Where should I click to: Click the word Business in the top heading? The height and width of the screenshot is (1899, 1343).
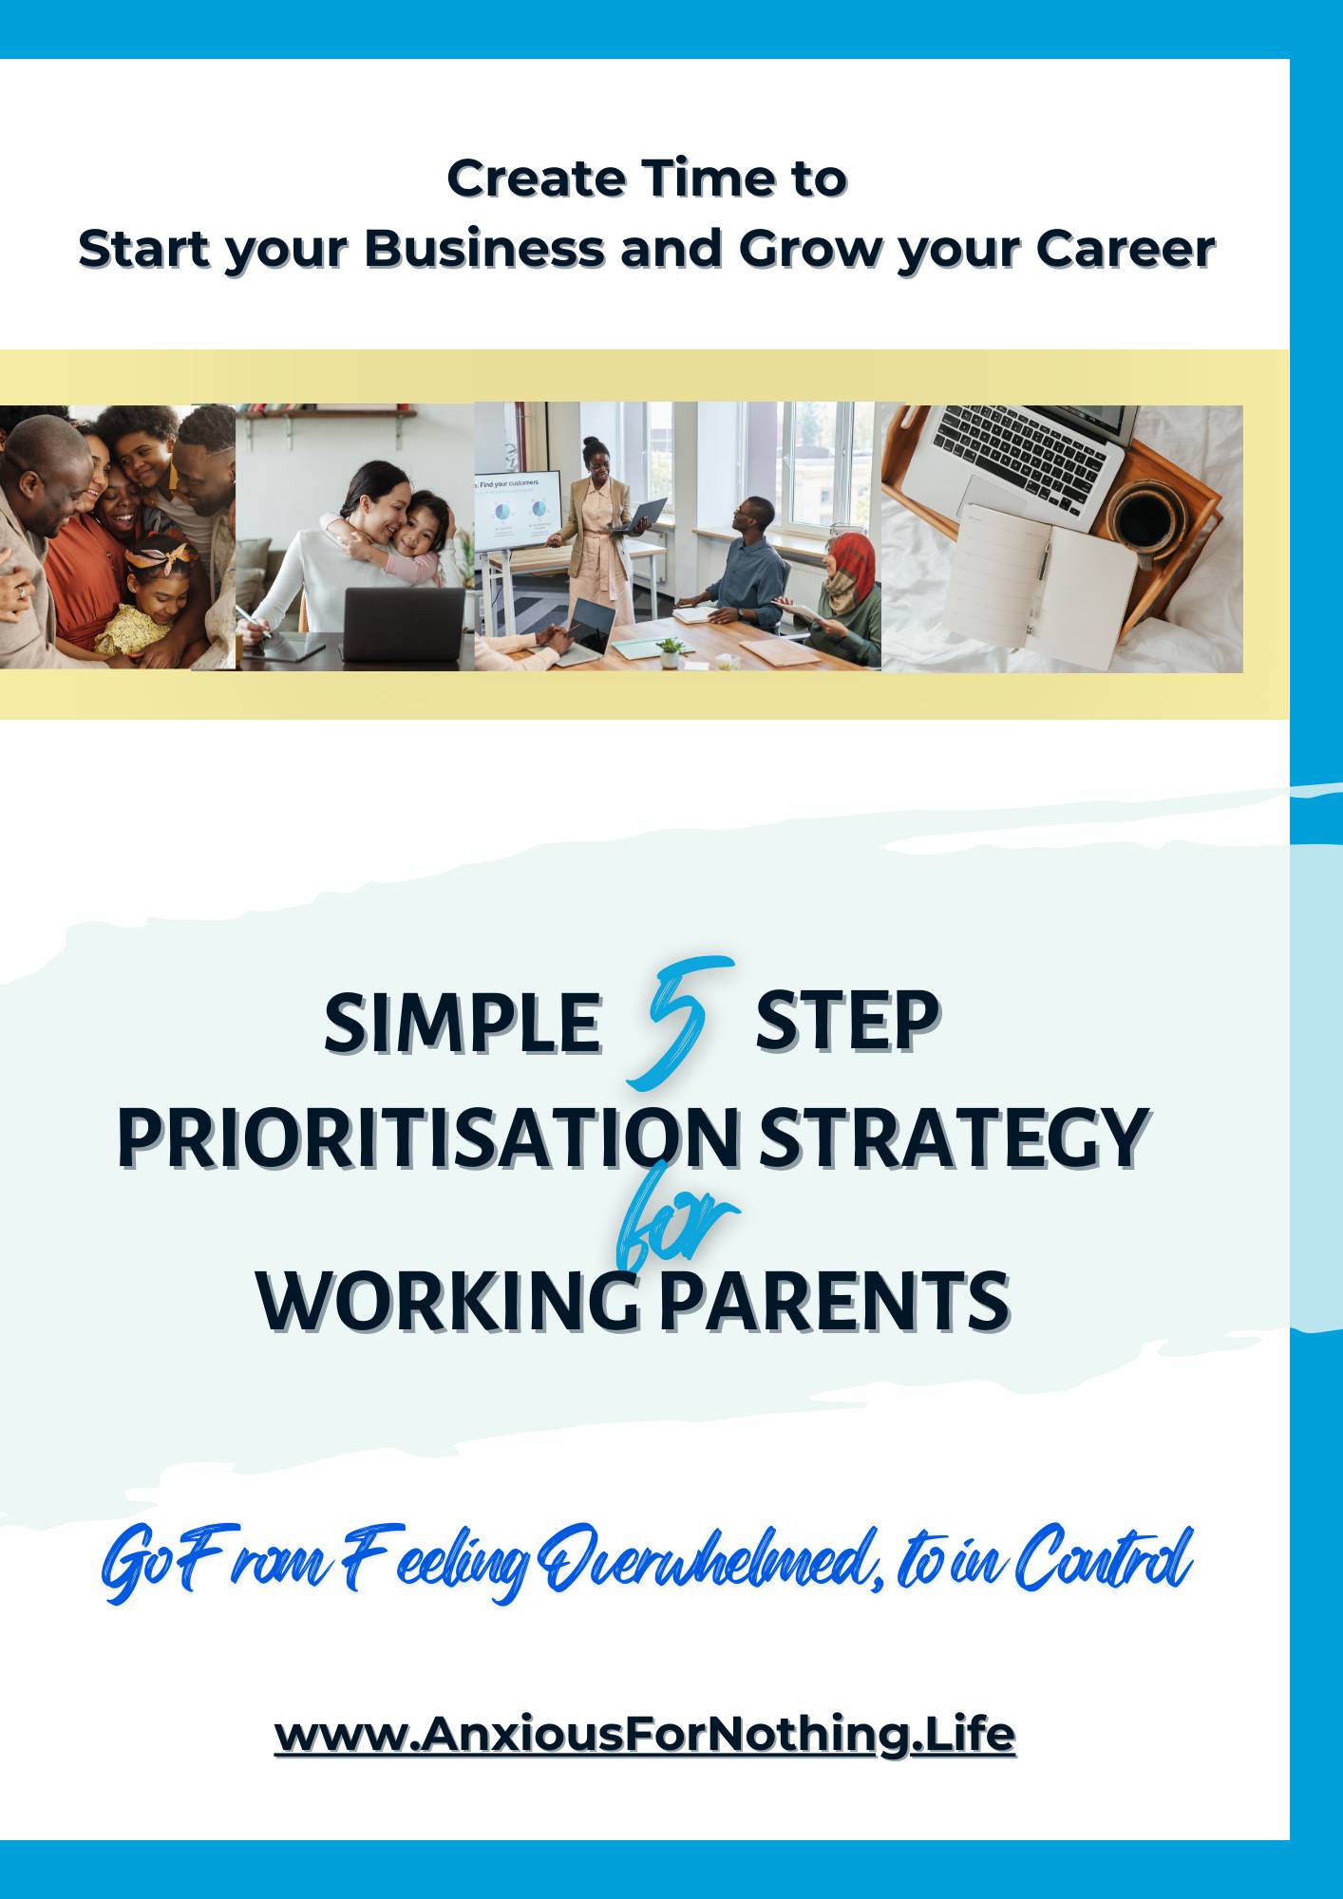coord(484,250)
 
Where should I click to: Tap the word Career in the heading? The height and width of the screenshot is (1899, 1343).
coord(1125,250)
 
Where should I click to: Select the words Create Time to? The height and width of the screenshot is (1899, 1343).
coord(647,179)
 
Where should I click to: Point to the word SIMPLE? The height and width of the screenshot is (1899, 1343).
coord(463,1023)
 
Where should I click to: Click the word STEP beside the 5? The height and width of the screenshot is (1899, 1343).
coord(847,1023)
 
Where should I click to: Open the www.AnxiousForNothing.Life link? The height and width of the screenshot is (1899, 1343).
coord(645,1734)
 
